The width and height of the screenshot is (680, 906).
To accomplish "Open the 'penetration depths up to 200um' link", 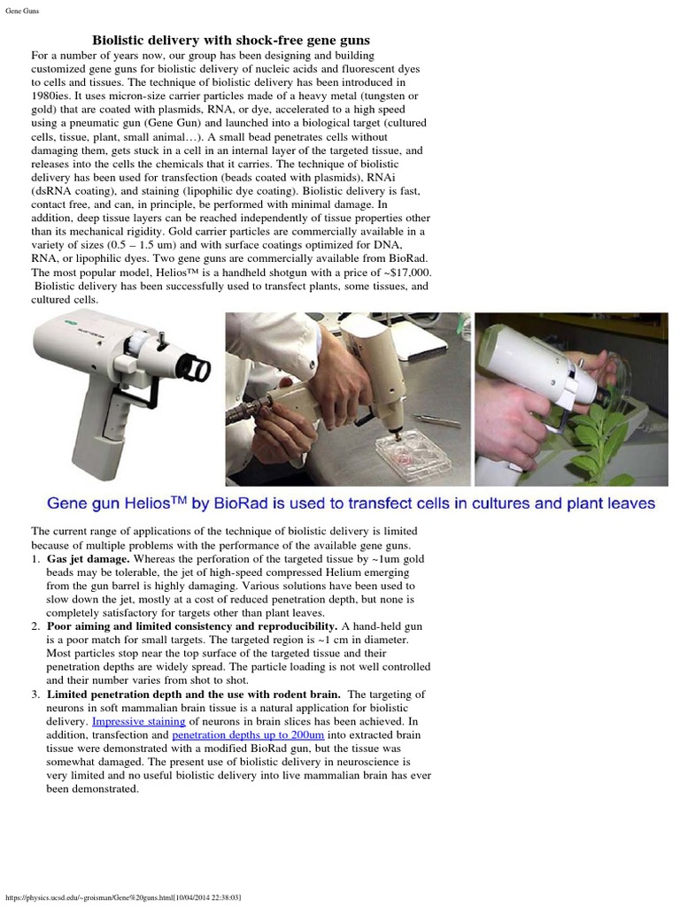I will tap(249, 735).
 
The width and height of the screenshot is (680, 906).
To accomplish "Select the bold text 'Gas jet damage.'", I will tap(89, 559).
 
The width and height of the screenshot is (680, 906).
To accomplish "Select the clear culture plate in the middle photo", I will tap(412, 456).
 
